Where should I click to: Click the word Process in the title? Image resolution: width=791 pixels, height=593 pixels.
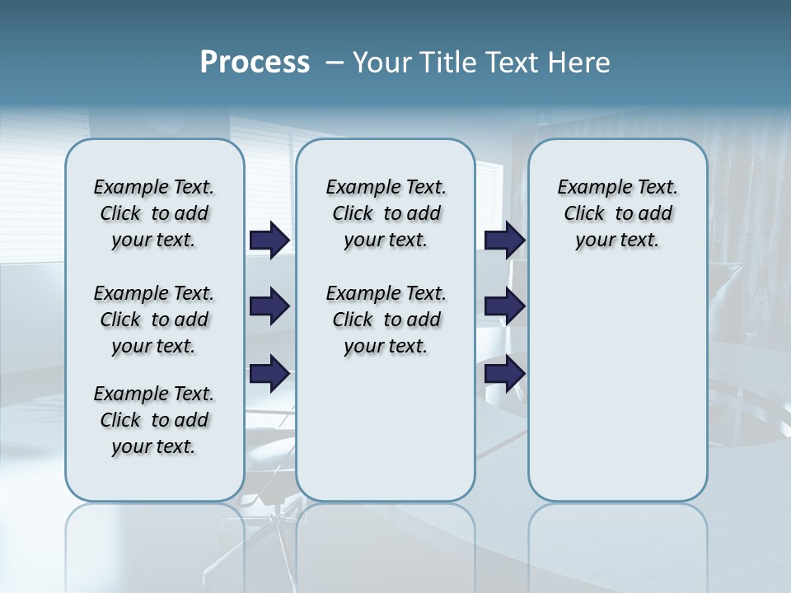click(255, 63)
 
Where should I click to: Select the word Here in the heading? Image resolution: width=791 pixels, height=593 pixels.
click(580, 63)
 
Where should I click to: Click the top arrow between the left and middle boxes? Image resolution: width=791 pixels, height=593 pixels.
click(269, 240)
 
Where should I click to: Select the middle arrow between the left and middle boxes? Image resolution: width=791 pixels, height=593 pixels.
click(269, 306)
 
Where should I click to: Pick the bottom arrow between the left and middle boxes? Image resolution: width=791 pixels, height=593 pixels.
click(269, 374)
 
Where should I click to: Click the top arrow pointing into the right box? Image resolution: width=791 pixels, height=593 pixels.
click(504, 240)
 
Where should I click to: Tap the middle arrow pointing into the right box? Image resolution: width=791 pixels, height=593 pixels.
click(504, 306)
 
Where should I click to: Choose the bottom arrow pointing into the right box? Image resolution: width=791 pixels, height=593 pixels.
click(504, 374)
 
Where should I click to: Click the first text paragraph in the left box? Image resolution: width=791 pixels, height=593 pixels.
click(154, 213)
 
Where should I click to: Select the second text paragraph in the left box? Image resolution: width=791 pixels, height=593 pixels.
click(154, 320)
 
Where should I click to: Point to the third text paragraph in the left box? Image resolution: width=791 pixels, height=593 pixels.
click(154, 420)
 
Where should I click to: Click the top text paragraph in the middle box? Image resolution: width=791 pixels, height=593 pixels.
click(386, 213)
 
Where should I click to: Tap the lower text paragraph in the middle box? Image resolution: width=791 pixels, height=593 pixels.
click(386, 320)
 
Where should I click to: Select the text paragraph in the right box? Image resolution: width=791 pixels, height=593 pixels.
click(617, 213)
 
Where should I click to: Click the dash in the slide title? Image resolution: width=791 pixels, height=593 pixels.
click(335, 63)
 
